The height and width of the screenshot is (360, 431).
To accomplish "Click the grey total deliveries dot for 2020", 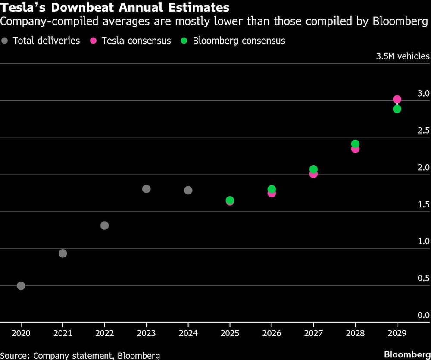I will (x=21, y=285).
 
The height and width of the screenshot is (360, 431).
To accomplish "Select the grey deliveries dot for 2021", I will (x=62, y=253).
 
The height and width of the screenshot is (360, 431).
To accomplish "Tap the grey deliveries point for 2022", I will (x=104, y=225).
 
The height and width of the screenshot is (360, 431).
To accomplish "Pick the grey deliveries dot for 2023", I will (x=146, y=188).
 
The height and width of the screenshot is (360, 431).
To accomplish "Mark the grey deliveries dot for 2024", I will (x=188, y=190).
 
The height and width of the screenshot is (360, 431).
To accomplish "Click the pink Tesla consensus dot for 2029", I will (x=397, y=99).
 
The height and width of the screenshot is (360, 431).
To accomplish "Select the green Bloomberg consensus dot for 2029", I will (x=397, y=109).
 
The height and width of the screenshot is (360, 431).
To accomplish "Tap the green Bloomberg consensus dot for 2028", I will (x=355, y=144).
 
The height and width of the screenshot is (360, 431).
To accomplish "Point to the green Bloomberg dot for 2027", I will (x=313, y=169).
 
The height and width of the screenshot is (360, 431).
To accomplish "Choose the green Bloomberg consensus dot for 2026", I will (x=272, y=189).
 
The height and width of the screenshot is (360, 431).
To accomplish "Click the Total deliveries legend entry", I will (x=41, y=41).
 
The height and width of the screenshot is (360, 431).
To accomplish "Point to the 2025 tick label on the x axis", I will (x=230, y=333).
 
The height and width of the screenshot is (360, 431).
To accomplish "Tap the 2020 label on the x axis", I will (x=21, y=333).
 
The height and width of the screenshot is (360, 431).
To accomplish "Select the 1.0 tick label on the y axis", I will (x=424, y=241).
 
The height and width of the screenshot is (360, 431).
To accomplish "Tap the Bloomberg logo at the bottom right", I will (x=407, y=354).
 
